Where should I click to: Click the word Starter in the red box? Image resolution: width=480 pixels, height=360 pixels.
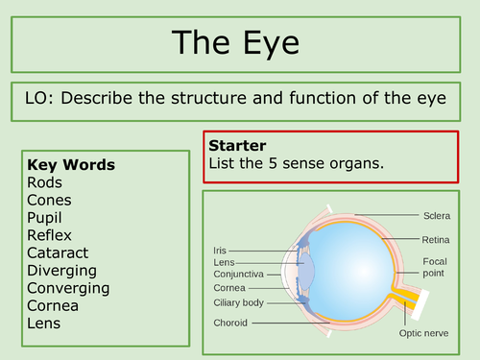(237, 146)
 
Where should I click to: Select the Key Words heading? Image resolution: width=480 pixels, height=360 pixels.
(71, 164)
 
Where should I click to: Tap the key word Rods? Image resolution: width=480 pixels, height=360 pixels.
(45, 182)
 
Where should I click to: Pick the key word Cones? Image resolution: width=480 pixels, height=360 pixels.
(49, 200)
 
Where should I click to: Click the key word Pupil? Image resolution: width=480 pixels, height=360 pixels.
(47, 217)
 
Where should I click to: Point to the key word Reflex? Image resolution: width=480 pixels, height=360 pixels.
(50, 235)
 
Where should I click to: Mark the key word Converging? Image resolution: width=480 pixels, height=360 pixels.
(68, 288)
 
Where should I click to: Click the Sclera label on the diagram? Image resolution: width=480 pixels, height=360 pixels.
(436, 215)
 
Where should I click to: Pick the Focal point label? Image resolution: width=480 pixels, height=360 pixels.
(434, 267)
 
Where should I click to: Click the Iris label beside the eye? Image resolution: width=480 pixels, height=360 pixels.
(220, 250)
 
